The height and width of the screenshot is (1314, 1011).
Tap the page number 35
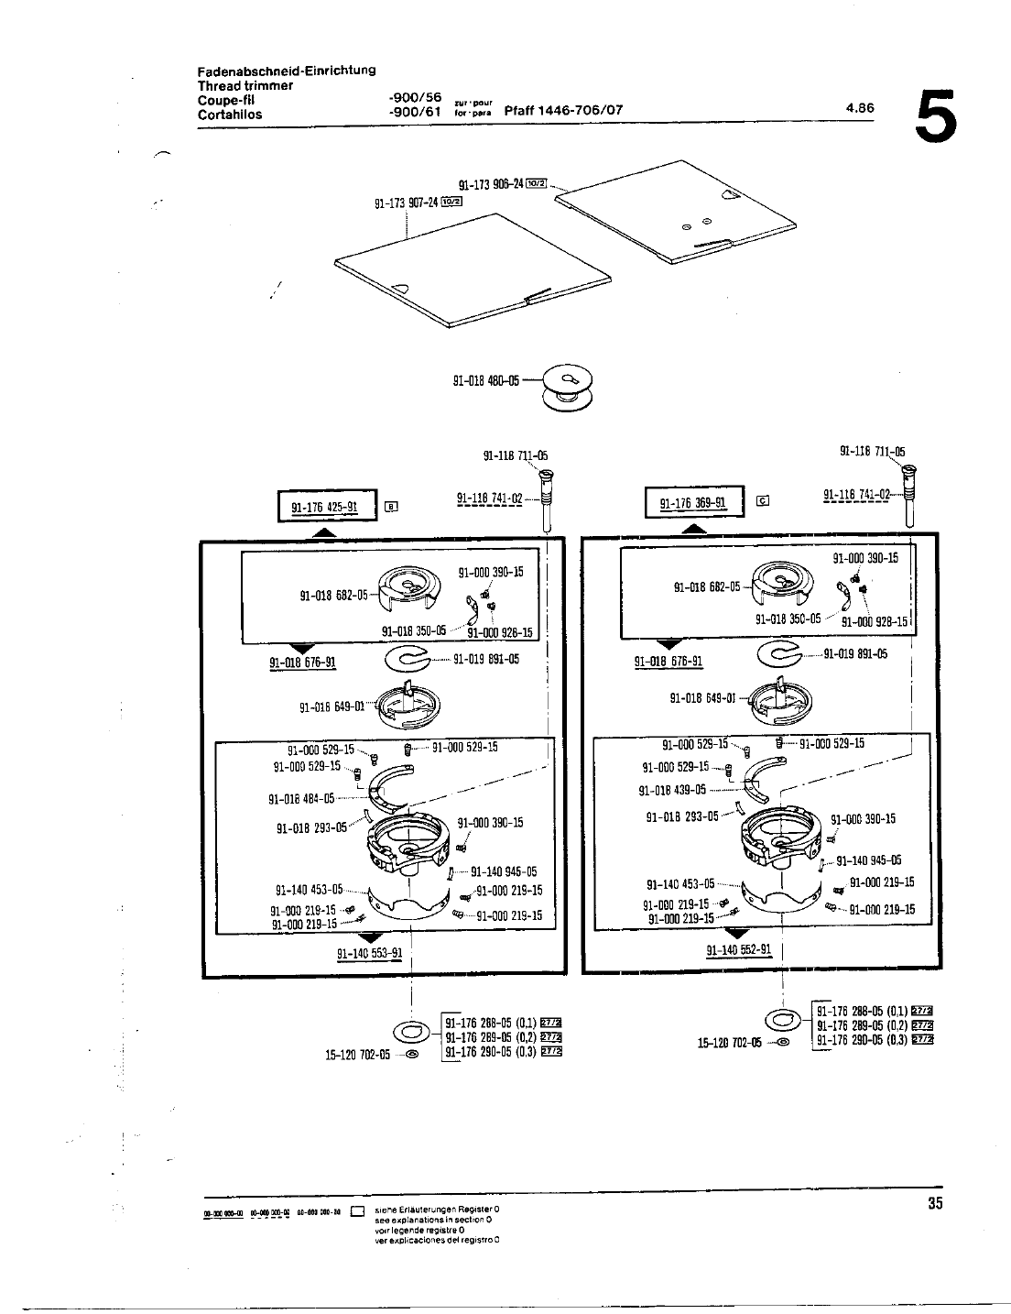(934, 1204)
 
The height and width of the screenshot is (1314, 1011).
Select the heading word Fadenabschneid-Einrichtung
(287, 71)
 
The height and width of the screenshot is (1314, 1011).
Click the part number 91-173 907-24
(407, 203)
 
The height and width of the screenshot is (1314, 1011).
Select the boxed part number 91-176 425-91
(324, 507)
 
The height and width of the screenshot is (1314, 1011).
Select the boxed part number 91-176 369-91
(692, 503)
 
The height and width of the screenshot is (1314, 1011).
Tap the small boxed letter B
(391, 506)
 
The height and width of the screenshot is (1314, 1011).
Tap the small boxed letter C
(762, 500)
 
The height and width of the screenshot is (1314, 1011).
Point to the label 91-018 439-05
(672, 790)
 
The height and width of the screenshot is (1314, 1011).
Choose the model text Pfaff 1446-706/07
(564, 111)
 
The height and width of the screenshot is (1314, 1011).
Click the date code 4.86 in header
(861, 107)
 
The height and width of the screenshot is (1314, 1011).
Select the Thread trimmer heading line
(245, 85)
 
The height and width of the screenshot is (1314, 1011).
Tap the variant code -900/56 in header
(415, 97)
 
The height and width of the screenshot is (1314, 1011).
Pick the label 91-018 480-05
(486, 380)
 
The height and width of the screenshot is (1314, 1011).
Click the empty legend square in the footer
(359, 1211)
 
